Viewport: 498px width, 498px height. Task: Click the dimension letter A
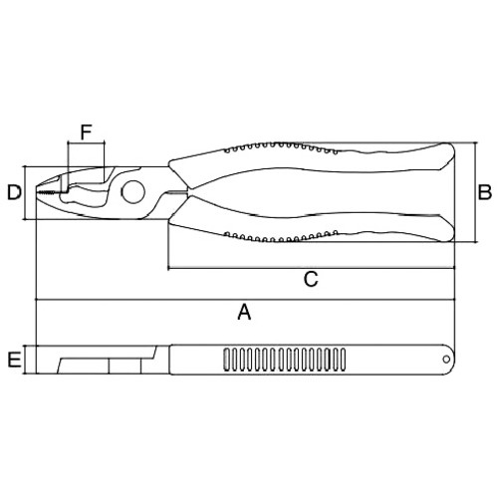244,312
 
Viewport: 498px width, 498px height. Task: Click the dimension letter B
484,192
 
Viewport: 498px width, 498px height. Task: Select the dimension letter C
311,279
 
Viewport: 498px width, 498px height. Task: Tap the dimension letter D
14,192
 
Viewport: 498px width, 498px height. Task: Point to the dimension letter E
14,361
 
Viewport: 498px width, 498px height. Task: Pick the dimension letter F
86,132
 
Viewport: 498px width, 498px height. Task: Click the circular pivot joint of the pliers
133,192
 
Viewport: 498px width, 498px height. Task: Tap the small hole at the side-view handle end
446,360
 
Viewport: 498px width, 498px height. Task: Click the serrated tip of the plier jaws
48,192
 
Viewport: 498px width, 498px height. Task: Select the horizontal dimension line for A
245,300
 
